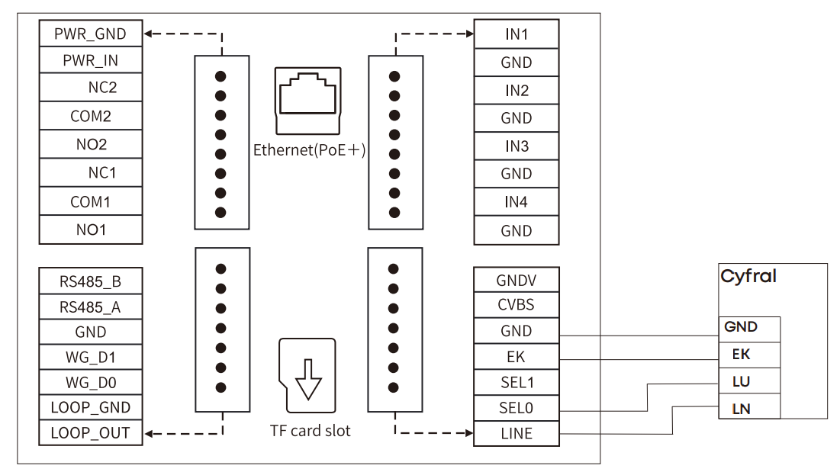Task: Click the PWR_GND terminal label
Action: pos(90,34)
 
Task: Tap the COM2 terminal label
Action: pos(90,117)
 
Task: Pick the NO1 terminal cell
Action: pos(90,230)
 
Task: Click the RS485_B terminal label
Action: pos(90,281)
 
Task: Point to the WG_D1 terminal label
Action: pos(90,357)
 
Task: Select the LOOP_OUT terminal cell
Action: pos(90,433)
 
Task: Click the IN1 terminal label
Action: pos(516,34)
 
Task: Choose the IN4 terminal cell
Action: pos(516,202)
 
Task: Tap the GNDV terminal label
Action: pos(516,280)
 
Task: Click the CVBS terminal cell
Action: pos(516,305)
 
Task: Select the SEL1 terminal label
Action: pos(516,382)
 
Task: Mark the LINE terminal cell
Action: pos(516,433)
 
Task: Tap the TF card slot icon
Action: pos(307,376)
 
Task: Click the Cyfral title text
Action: pos(748,277)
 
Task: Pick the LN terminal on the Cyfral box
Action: pos(749,408)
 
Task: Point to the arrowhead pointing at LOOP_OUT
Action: pos(150,434)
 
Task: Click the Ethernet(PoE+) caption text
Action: pos(309,150)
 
